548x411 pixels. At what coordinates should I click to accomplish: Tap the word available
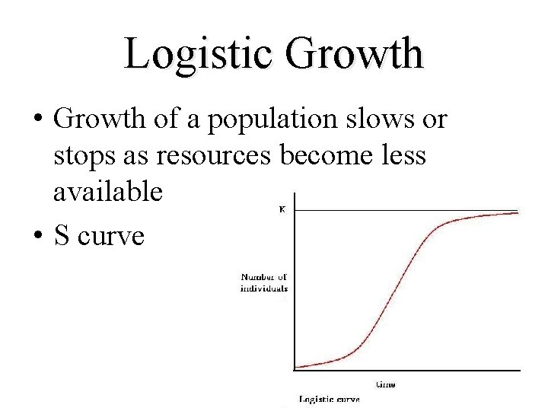(x=107, y=192)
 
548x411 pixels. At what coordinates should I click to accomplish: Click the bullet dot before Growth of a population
(x=36, y=120)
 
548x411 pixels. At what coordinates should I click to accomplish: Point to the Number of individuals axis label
(x=264, y=282)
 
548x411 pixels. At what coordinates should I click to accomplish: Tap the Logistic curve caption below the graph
(x=329, y=399)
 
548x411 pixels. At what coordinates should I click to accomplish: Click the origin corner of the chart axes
(x=294, y=371)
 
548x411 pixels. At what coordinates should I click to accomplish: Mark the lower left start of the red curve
(x=297, y=367)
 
